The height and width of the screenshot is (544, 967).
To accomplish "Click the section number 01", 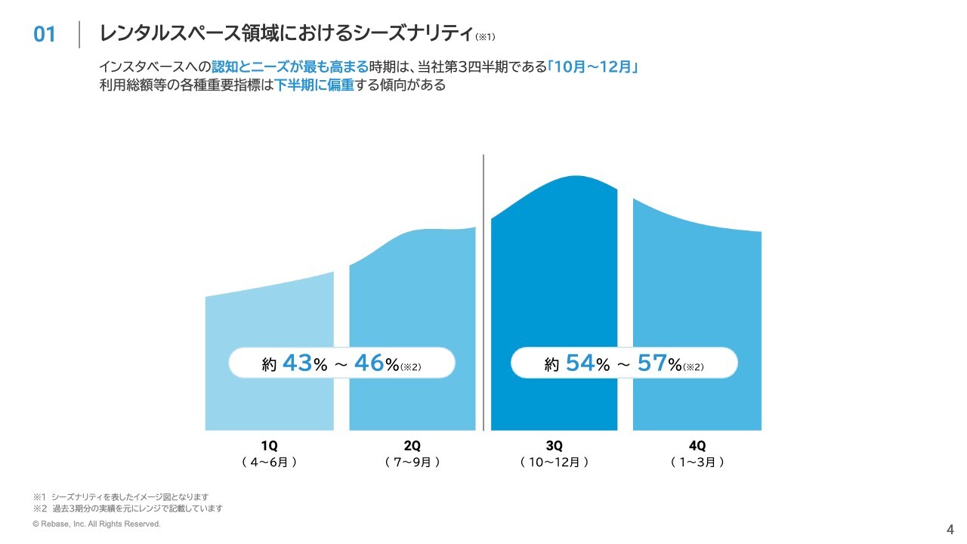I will point(45,35).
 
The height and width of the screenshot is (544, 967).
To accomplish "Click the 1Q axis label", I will point(269,445).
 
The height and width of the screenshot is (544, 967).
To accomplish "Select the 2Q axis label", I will point(412,445).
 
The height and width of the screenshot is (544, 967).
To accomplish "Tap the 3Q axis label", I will point(555,445).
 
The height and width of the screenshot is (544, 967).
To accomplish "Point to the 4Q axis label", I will point(697,445).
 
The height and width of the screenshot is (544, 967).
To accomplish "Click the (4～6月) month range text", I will point(269,462).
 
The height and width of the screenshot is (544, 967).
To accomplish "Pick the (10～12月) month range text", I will point(555,462).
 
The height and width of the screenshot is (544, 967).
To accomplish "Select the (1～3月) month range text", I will point(697,462).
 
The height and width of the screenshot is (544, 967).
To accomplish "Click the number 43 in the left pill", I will point(297,363).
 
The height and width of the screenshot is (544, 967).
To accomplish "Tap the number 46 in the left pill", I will point(369,363).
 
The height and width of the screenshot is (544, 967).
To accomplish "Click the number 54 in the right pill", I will point(579,363).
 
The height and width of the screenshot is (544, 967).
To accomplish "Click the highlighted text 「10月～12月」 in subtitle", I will point(594,67).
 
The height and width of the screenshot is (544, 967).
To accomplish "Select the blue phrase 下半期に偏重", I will point(314,85).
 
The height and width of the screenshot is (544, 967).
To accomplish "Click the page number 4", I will point(950,528).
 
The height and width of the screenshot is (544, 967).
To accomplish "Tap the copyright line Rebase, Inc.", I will point(97,524).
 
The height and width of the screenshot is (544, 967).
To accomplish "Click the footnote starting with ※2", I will point(128,508).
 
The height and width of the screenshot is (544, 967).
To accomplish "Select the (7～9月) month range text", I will point(412,462).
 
